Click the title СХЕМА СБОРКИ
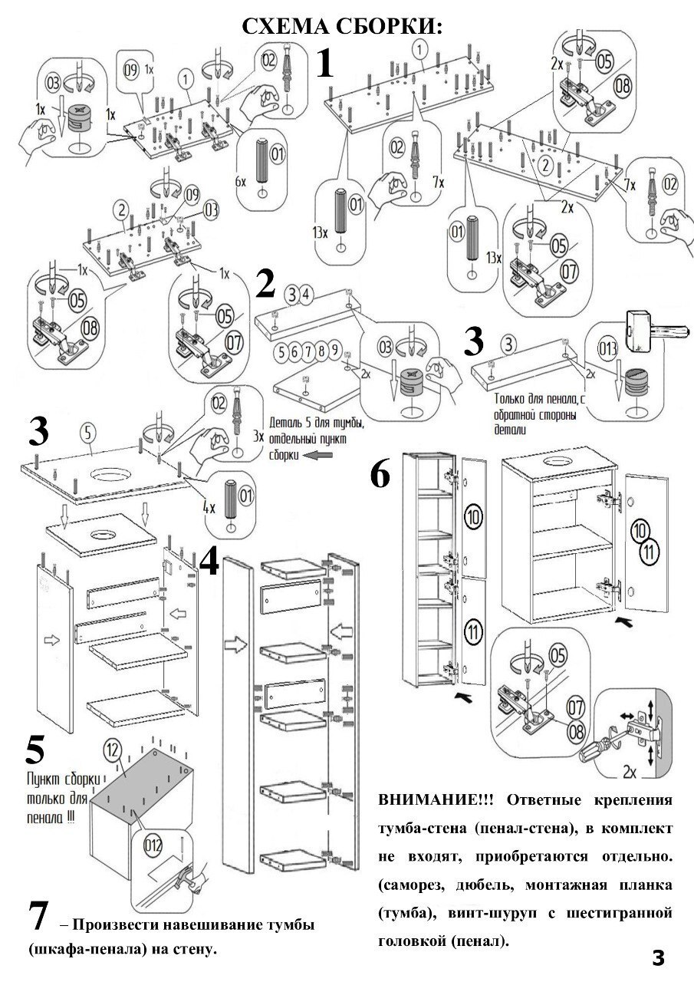[343, 26]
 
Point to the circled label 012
[153, 846]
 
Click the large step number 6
[380, 475]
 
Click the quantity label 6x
[241, 182]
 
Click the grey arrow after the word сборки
[313, 455]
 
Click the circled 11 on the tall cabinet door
[473, 633]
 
